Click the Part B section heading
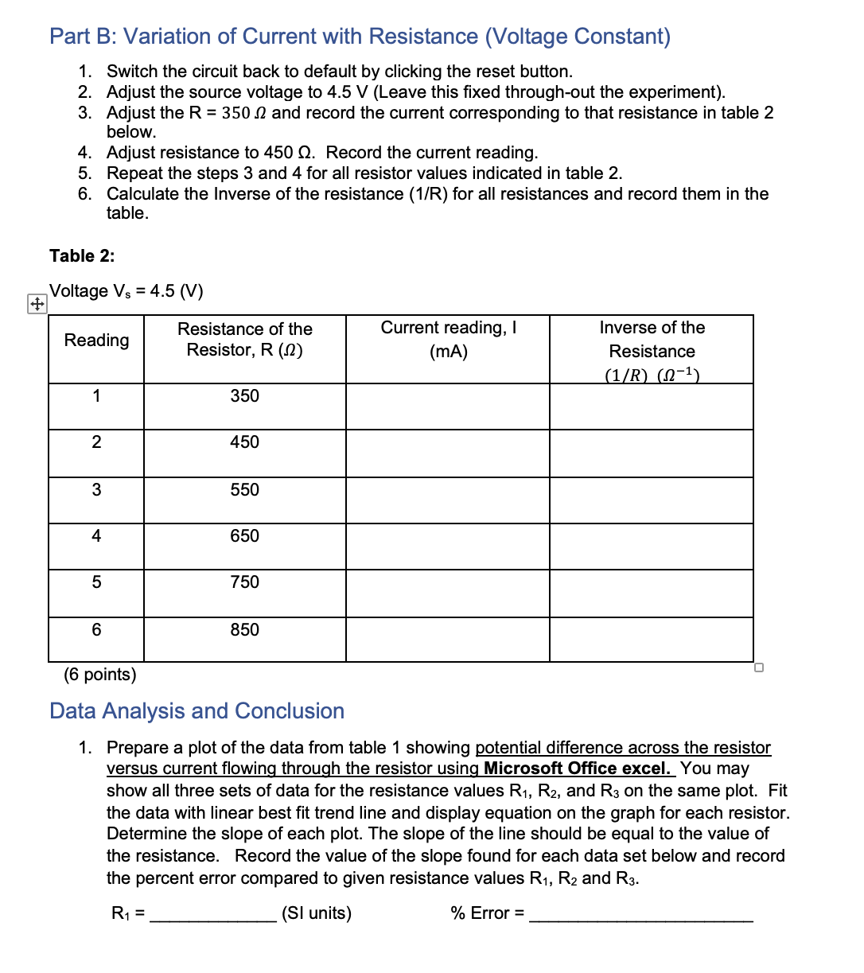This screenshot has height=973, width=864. pos(360,37)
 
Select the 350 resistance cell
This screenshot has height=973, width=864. pos(244,396)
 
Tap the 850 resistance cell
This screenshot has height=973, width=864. pos(244,630)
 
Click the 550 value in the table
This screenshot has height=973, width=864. pos(244,490)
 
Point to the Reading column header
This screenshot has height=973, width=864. pos(96,341)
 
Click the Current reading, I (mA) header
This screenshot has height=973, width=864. pos(448,340)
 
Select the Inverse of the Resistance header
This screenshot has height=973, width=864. pos(652,351)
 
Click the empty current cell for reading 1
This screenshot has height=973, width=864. pos(447,407)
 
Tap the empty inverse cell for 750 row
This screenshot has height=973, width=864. pos(651,593)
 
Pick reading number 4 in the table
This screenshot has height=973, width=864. pos(96,536)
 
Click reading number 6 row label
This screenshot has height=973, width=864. pos(96,630)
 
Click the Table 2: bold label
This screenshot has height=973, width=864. pos(82,255)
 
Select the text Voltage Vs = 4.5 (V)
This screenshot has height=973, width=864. pos(126,291)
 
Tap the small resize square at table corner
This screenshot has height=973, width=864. pos(758,667)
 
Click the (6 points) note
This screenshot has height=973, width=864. pos(100,675)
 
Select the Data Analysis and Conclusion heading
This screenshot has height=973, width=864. pos(197,711)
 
